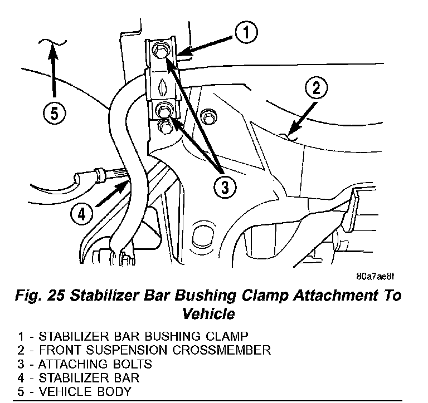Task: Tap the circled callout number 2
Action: point(315,88)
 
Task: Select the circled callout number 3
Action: point(223,186)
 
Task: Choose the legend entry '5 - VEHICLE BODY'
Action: point(75,391)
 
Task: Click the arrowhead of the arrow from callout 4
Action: point(128,180)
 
